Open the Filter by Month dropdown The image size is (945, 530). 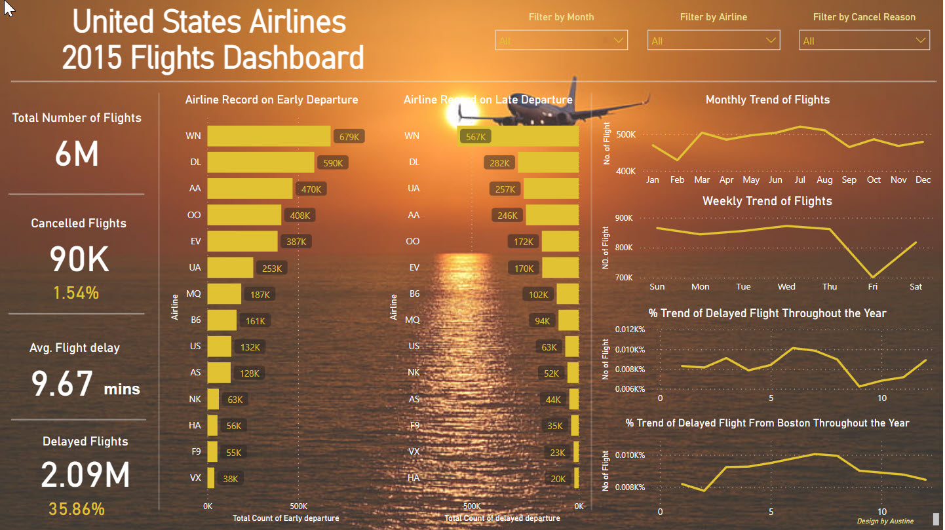click(x=561, y=41)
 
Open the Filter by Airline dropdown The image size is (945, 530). click(x=713, y=41)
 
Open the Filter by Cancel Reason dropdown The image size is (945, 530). click(x=864, y=41)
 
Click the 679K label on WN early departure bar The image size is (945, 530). click(x=349, y=137)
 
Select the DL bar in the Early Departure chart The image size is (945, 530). click(x=261, y=162)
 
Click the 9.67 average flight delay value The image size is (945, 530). click(x=62, y=384)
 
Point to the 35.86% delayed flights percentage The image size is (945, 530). click(x=77, y=509)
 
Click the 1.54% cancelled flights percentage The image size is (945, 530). click(x=77, y=293)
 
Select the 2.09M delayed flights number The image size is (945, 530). click(x=85, y=476)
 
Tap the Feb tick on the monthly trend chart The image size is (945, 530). click(x=677, y=180)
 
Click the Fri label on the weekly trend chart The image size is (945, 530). click(x=872, y=286)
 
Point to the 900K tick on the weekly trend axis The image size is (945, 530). click(x=623, y=218)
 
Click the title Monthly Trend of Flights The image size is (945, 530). click(x=767, y=100)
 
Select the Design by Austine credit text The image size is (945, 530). click(x=885, y=521)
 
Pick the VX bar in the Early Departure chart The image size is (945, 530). click(x=211, y=478)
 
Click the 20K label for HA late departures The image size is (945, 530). click(x=558, y=479)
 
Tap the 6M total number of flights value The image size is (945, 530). click(x=77, y=155)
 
